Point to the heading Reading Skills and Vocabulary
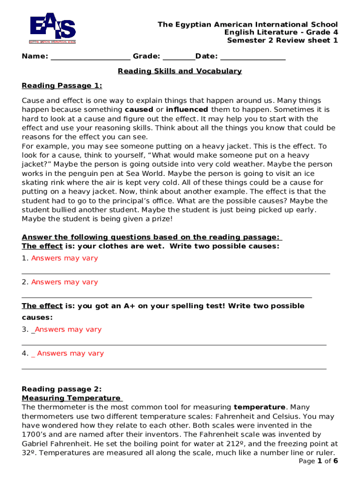tap(180, 71)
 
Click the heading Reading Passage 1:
tap(62, 86)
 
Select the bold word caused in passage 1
tap(139, 109)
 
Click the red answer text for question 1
tap(65, 258)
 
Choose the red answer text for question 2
tap(65, 282)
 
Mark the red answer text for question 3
tap(68, 329)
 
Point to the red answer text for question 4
tap(70, 353)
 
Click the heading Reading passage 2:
tap(62, 389)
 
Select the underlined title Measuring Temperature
tap(71, 398)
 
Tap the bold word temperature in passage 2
tap(259, 407)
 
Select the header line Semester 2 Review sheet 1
tap(282, 40)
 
